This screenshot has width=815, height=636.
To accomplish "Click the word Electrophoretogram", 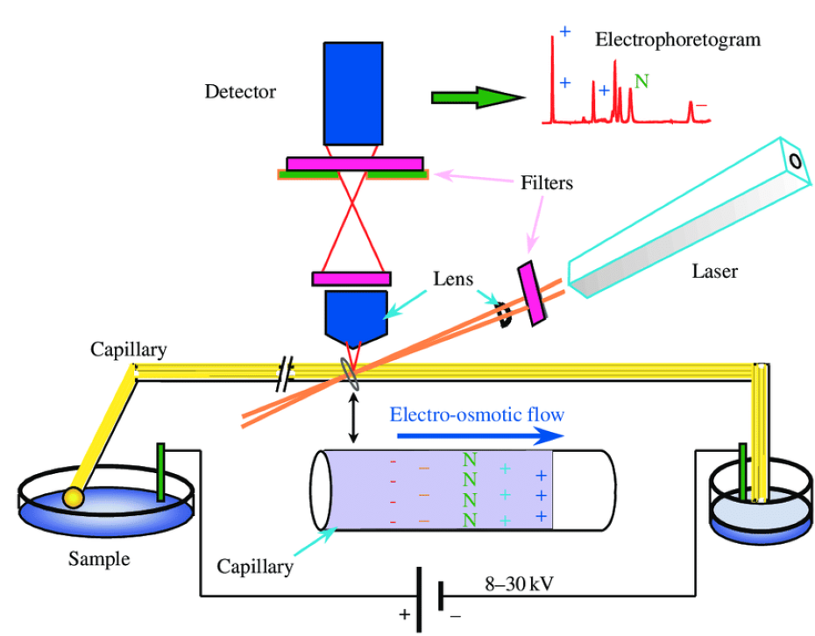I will [677, 40].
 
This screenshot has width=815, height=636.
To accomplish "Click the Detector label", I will [240, 91].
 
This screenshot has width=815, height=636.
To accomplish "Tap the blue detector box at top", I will [353, 92].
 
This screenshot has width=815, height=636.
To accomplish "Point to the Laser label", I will [714, 272].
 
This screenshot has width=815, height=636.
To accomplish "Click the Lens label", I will [454, 281].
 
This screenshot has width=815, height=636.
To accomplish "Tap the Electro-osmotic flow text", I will [478, 413].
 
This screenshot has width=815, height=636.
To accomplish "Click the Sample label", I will [98, 558].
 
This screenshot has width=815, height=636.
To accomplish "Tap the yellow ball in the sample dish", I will [72, 497].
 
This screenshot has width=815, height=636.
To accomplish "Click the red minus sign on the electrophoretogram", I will [701, 107].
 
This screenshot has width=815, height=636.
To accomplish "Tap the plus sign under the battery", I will [404, 615].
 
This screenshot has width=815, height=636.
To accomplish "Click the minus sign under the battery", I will [455, 615].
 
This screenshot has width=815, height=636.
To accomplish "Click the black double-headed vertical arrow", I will [352, 419].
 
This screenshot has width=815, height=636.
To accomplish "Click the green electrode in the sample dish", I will [161, 473].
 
